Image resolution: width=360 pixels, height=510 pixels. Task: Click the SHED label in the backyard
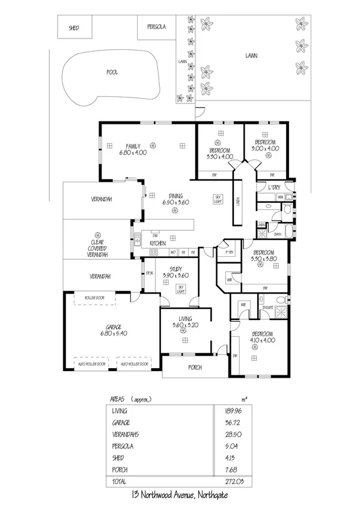73,28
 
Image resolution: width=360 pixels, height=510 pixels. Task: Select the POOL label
112,72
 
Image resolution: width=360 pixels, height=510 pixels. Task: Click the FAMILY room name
132,146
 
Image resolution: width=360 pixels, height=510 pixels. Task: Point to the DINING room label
175,195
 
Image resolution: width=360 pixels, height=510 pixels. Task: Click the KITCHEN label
149,242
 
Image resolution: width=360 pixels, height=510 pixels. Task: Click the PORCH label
194,367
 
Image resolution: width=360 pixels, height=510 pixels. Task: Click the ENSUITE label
267,307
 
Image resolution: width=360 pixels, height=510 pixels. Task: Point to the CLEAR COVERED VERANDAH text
96,248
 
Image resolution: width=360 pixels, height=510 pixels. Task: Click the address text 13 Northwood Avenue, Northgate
180,494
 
